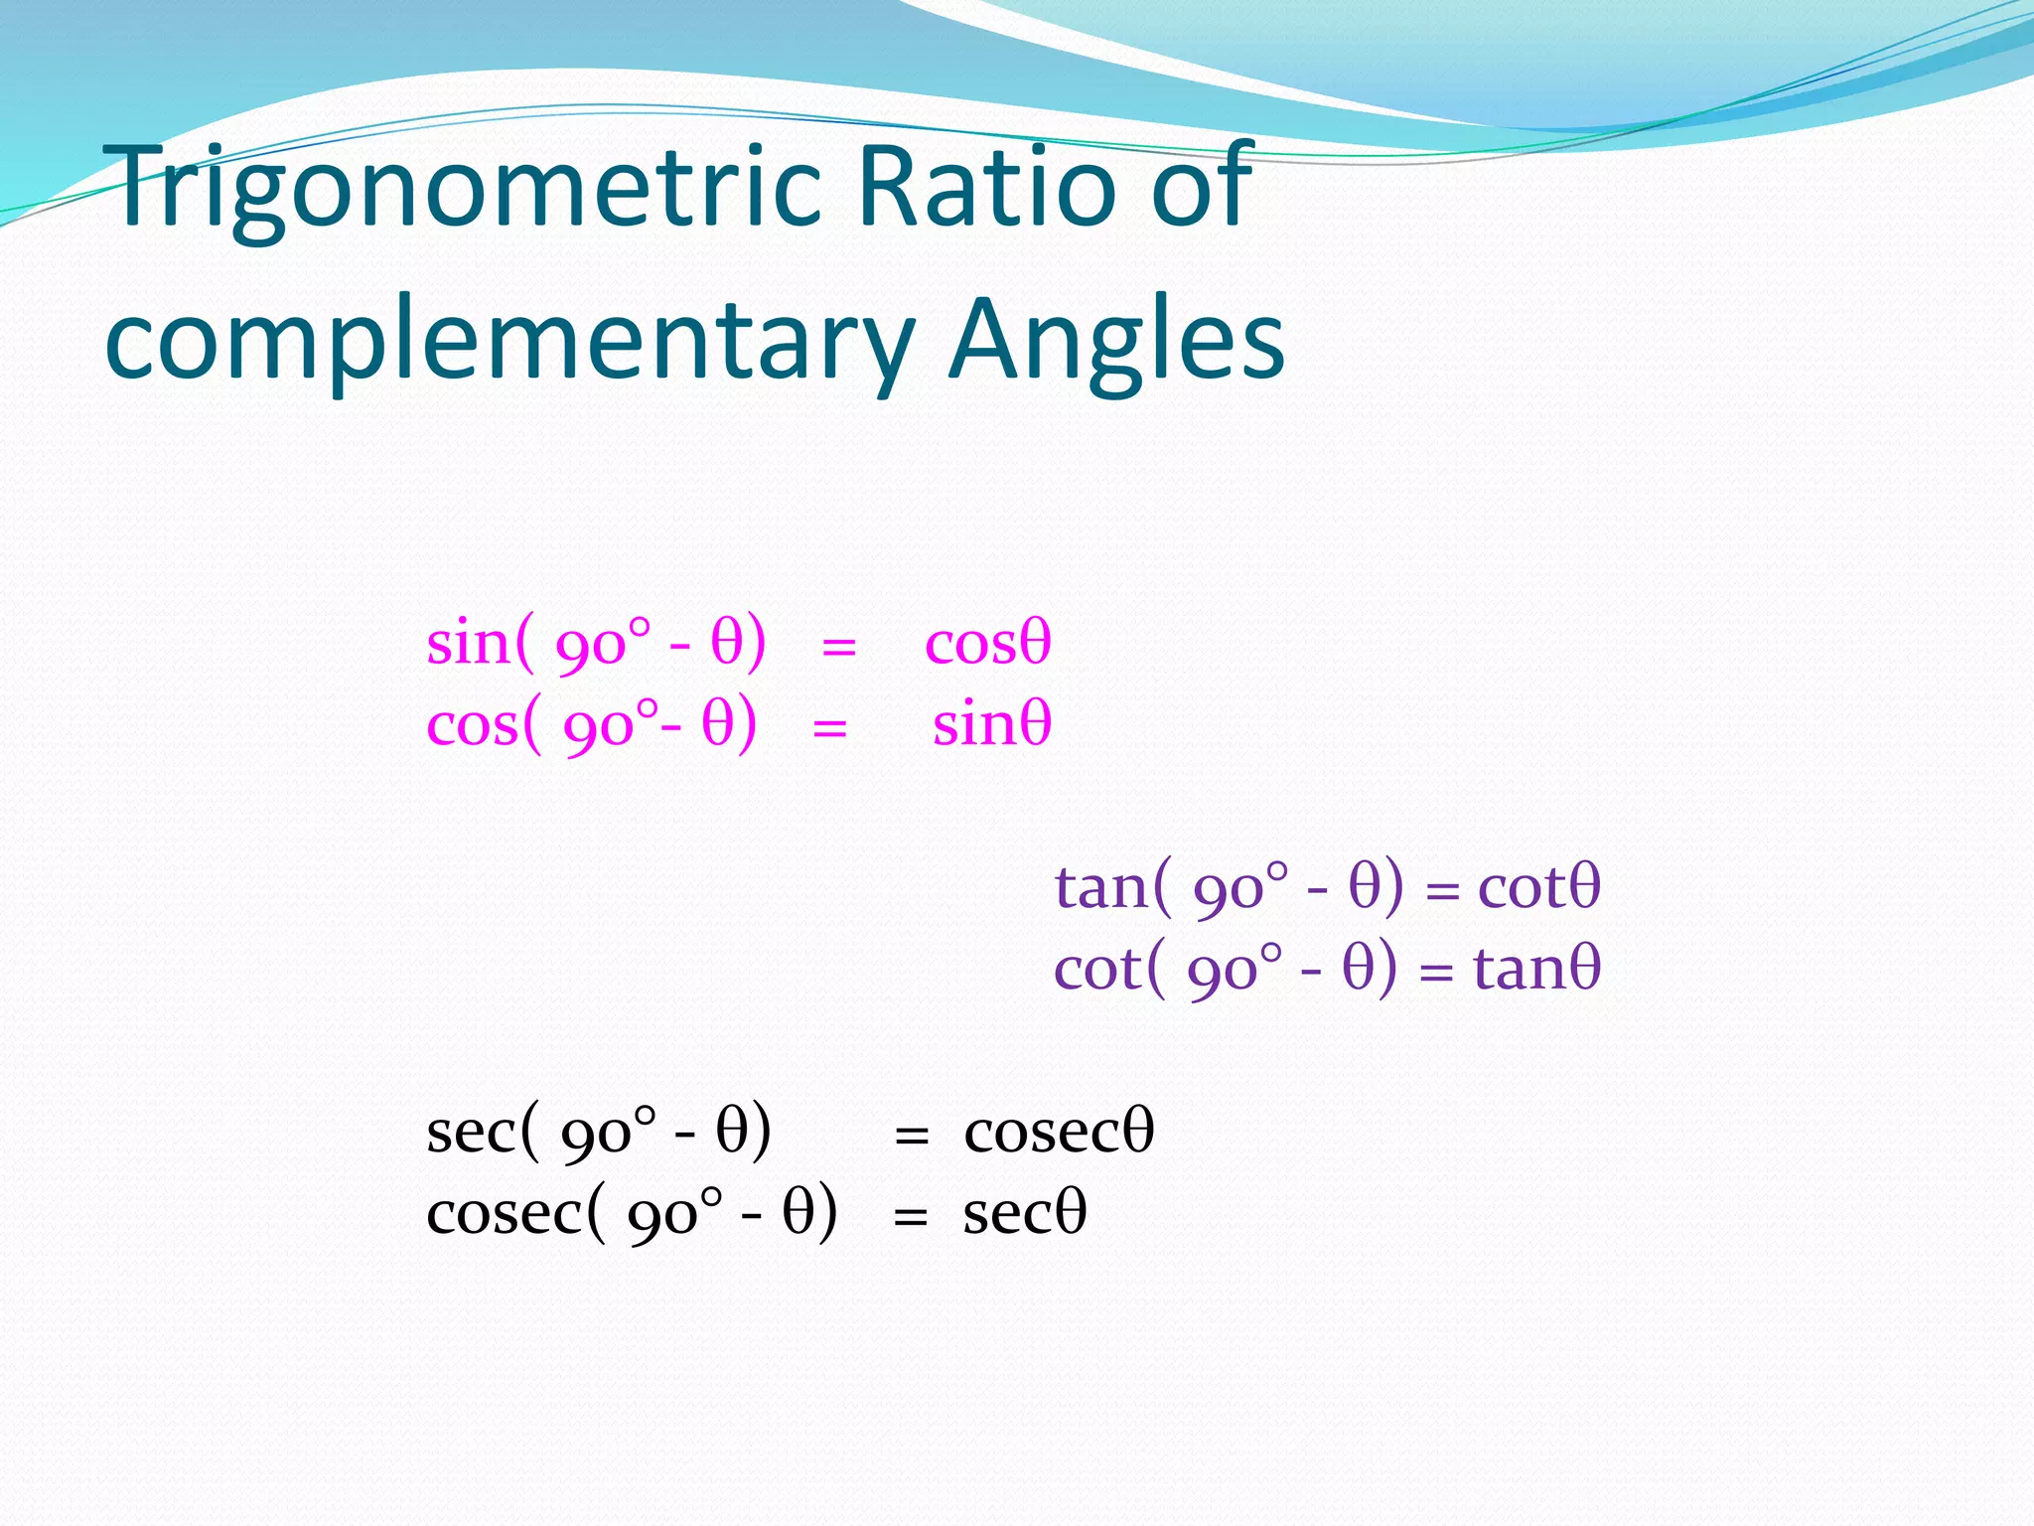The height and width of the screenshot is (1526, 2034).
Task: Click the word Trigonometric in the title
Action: click(x=467, y=189)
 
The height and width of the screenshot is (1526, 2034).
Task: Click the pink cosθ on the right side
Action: click(x=987, y=644)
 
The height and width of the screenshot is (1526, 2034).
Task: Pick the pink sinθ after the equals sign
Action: click(x=991, y=724)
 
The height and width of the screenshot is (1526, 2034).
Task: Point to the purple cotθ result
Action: click(x=1538, y=886)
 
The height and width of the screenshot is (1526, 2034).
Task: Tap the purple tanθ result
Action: click(x=1536, y=968)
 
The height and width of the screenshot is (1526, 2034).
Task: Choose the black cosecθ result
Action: click(x=1059, y=1132)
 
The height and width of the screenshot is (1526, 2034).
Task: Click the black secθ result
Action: click(x=1024, y=1213)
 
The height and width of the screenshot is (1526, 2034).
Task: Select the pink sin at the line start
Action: click(x=468, y=644)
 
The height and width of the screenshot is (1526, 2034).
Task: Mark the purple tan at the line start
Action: click(x=1100, y=886)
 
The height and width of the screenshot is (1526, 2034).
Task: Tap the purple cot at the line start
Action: click(x=1097, y=968)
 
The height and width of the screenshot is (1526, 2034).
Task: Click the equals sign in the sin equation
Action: click(x=839, y=648)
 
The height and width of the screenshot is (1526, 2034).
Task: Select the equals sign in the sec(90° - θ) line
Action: click(x=912, y=1136)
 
